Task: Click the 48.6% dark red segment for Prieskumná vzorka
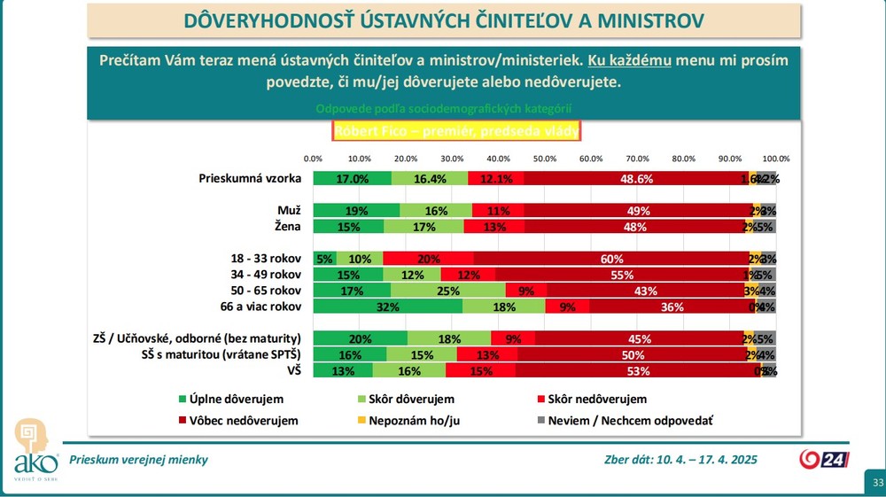(635, 178)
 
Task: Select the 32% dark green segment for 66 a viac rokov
(388, 307)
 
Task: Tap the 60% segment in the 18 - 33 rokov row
(611, 258)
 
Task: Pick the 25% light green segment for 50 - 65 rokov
(447, 291)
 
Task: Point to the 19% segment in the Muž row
(357, 211)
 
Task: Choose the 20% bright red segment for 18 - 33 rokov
(429, 258)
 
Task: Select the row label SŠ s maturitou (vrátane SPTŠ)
(223, 354)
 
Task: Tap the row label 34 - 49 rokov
(266, 275)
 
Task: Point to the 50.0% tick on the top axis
(544, 158)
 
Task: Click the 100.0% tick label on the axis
(775, 158)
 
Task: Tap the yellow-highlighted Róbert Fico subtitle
(456, 132)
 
